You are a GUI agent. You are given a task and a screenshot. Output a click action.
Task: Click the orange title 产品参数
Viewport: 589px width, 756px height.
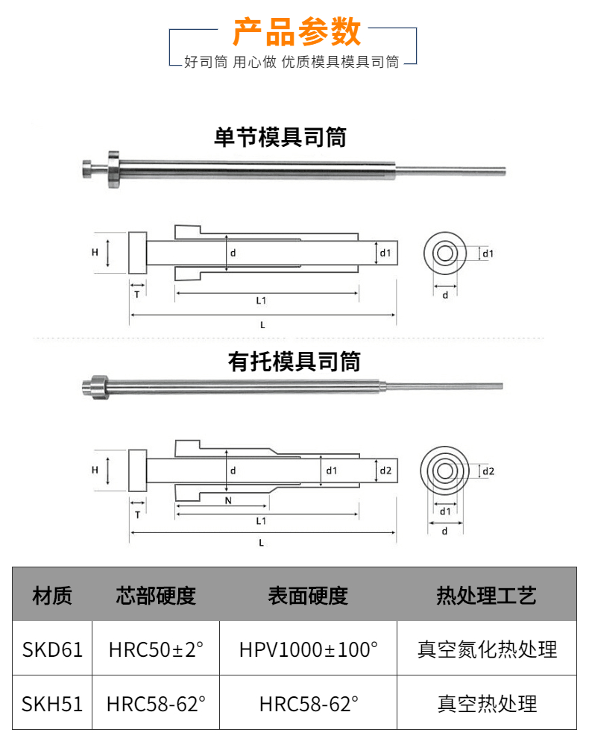(297, 33)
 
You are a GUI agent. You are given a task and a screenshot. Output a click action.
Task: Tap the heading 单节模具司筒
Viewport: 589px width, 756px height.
(280, 137)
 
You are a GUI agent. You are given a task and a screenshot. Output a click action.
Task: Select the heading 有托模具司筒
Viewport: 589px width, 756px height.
(294, 362)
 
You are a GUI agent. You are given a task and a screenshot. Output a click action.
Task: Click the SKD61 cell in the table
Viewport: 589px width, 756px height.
(52, 649)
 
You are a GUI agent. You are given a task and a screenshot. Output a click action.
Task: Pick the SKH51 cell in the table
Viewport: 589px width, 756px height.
(52, 703)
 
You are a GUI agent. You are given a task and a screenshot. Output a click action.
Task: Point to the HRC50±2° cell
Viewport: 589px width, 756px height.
(156, 649)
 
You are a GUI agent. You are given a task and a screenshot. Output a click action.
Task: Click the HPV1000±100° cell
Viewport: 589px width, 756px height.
(308, 649)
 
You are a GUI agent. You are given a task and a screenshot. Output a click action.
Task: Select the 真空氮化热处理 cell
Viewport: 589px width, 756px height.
(486, 649)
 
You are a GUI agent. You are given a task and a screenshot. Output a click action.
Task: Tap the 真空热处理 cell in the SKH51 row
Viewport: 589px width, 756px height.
(486, 703)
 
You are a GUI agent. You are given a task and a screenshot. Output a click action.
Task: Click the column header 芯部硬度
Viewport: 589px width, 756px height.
(156, 595)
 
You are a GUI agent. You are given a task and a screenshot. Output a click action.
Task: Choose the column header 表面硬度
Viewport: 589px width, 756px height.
(308, 595)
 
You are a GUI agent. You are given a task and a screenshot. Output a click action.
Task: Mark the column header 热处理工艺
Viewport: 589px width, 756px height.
(486, 595)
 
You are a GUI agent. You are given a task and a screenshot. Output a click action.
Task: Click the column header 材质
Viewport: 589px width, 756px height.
(52, 595)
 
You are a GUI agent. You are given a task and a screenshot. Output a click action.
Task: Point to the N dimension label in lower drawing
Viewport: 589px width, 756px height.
(227, 501)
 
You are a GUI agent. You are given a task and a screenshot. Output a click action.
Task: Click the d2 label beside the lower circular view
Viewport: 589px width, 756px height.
(489, 471)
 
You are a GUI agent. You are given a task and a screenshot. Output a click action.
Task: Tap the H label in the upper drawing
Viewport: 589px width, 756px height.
(95, 253)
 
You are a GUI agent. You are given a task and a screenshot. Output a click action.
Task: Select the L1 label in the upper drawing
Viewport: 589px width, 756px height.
(262, 300)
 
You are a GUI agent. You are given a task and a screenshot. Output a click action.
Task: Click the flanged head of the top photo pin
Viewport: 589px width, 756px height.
(112, 168)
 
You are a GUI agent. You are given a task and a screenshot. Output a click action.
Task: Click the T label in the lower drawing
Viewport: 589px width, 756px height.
(137, 515)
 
